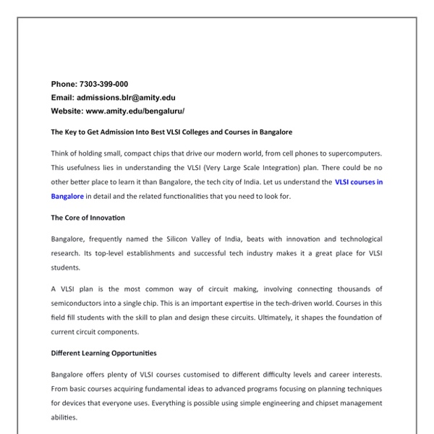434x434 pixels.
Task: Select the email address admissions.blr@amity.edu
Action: click(x=127, y=98)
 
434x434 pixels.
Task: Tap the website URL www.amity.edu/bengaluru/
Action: click(x=135, y=111)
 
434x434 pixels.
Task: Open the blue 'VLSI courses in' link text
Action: click(x=359, y=182)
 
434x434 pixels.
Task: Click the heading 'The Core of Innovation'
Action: click(x=88, y=218)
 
